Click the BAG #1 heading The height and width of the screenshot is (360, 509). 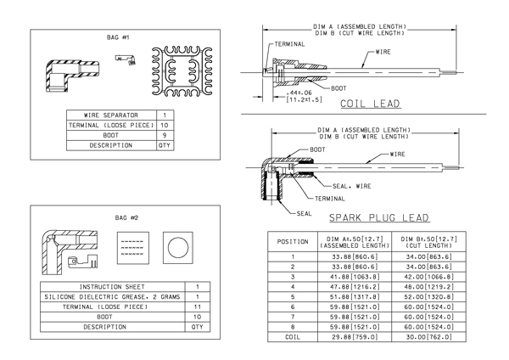pos(118,37)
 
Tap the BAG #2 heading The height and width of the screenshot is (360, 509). pos(126,217)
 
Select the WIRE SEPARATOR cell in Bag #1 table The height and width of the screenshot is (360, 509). pos(111,115)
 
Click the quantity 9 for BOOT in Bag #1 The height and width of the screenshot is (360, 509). pos(165,135)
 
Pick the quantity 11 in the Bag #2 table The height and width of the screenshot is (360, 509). pos(198,307)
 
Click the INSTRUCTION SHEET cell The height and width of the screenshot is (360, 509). pos(112,287)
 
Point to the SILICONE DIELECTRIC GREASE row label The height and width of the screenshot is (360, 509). pos(112,297)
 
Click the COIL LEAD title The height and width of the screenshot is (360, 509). pos(371,104)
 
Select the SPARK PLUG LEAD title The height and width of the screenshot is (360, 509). pos(379,217)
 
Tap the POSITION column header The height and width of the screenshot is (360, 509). pos(293,242)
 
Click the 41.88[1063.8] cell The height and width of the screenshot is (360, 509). pos(355,277)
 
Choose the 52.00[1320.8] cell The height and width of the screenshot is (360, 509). pos(428,297)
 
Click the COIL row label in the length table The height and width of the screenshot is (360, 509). pos(293,337)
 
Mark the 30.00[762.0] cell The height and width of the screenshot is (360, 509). pos(428,337)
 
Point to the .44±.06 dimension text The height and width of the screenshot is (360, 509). pos(299,93)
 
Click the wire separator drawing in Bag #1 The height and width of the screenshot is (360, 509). pos(182,72)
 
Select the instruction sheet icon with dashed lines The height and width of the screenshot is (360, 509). pos(133,248)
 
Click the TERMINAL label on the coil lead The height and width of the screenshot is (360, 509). pos(289,44)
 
